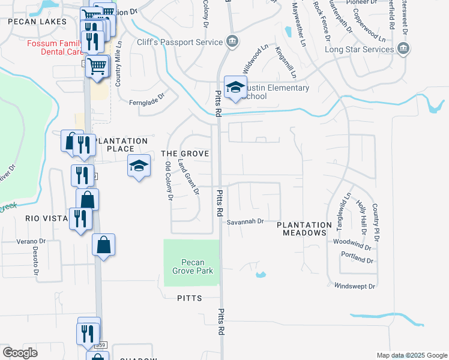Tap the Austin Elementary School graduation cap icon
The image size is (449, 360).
(235, 87)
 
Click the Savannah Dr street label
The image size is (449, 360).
(246, 221)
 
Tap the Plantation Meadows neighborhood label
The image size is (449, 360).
(304, 229)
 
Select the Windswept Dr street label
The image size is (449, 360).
(355, 286)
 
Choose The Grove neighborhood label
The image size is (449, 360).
(185, 154)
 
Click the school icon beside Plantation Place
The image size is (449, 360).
(139, 166)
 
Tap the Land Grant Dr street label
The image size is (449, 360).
(191, 179)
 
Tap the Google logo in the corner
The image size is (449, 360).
(20, 353)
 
